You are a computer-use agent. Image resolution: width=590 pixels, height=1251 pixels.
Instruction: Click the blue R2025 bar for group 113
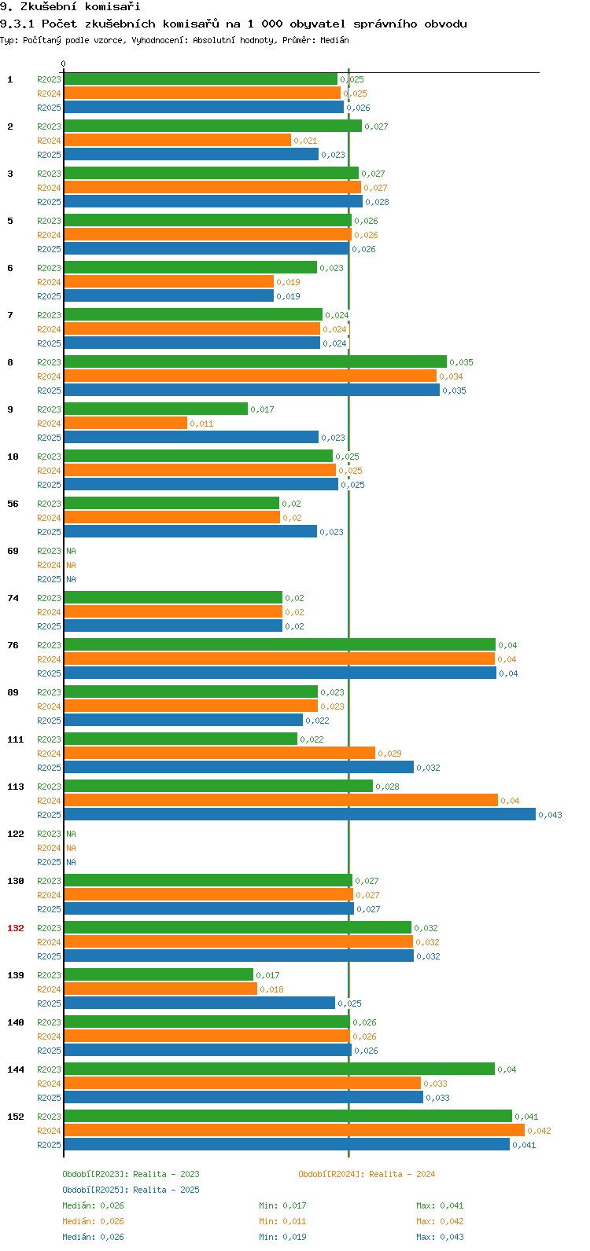[x=299, y=815]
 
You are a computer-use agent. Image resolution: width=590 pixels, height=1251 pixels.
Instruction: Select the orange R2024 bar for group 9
[x=126, y=424]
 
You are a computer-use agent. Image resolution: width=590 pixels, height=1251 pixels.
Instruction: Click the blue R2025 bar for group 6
[x=168, y=296]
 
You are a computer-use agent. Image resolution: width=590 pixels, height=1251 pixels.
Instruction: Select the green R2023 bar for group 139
[x=158, y=975]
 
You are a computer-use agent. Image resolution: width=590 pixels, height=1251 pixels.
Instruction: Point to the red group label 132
[x=16, y=928]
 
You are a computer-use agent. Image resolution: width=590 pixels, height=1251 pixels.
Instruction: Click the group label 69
[x=13, y=551]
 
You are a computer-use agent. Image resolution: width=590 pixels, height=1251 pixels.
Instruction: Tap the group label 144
[x=16, y=1069]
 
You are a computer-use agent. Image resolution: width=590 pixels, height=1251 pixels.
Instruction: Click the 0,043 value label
[x=550, y=815]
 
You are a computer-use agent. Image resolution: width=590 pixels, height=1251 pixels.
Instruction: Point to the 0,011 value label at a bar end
[x=201, y=424]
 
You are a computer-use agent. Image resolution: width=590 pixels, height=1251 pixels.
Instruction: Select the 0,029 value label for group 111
[x=389, y=754]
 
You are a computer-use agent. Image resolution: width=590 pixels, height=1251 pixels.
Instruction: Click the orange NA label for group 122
[x=71, y=848]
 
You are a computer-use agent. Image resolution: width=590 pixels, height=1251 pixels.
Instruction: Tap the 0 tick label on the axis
[x=64, y=64]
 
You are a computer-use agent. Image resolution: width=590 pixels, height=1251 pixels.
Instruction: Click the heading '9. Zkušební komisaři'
[x=70, y=7]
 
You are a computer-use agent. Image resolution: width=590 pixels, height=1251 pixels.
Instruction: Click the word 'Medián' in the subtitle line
[x=334, y=40]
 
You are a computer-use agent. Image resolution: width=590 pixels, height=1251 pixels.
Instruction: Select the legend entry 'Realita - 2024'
[x=401, y=1174]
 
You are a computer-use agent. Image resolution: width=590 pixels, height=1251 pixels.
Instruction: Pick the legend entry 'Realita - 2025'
[x=166, y=1190]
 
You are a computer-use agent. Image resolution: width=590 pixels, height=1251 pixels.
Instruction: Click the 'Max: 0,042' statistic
[x=440, y=1221]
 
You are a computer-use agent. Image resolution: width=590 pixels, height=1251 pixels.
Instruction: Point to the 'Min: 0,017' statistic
[x=282, y=1205]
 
